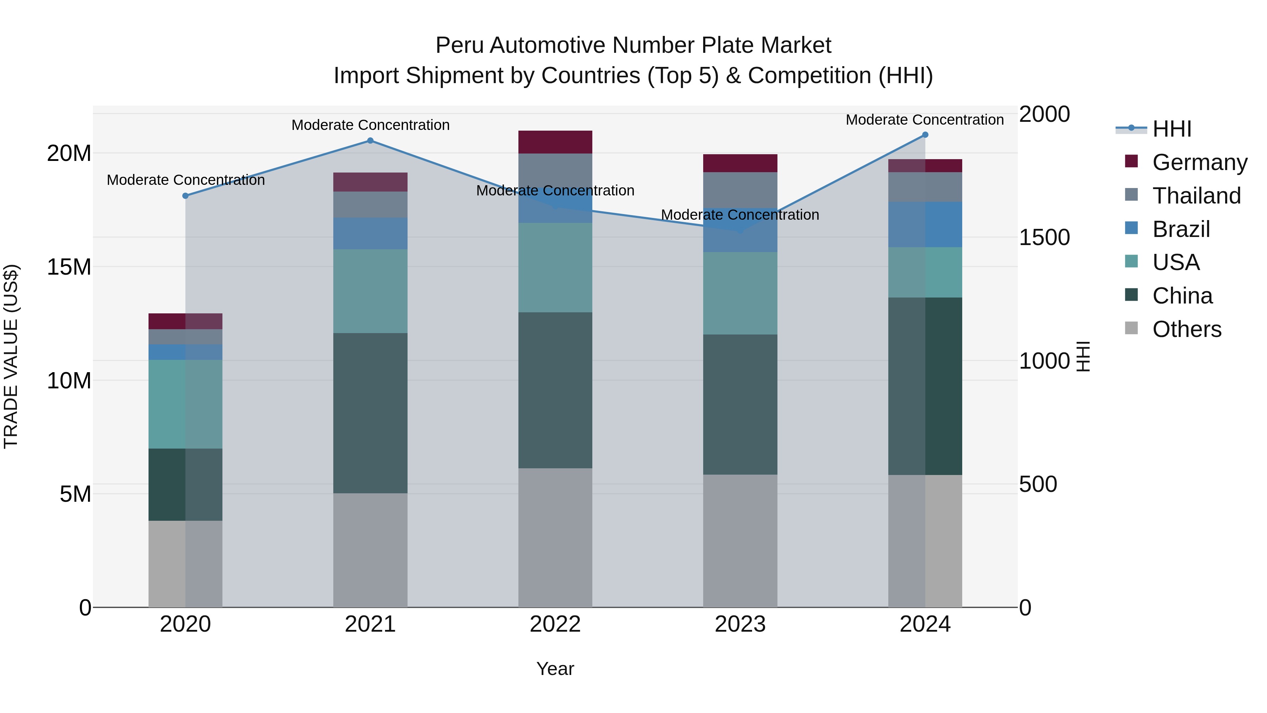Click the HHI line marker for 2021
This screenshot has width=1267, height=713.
pyautogui.click(x=370, y=141)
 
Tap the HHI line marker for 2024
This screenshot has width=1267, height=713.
pyautogui.click(x=925, y=135)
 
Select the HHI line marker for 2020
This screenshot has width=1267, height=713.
pyautogui.click(x=185, y=196)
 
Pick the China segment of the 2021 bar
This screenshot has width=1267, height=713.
pyautogui.click(x=370, y=413)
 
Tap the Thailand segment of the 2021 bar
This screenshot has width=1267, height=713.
pyautogui.click(x=370, y=205)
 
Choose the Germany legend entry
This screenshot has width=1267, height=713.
pyautogui.click(x=1199, y=162)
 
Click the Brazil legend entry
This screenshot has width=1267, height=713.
pyautogui.click(x=1180, y=229)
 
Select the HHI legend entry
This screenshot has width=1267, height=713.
pyautogui.click(x=1172, y=129)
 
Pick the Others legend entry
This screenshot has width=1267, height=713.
pyautogui.click(x=1186, y=329)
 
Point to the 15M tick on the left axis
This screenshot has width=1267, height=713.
pyautogui.click(x=69, y=267)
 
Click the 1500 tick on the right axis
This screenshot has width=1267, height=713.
pyautogui.click(x=1044, y=238)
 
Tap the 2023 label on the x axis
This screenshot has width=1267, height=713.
pyautogui.click(x=740, y=624)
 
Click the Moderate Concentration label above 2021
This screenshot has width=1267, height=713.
pyautogui.click(x=370, y=125)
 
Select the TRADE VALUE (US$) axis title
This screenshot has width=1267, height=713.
pyautogui.click(x=11, y=356)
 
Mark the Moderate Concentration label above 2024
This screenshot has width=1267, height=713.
pyautogui.click(x=925, y=120)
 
